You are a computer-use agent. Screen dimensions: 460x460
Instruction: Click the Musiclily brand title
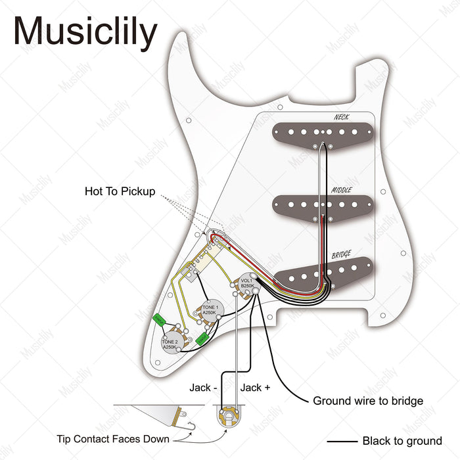(x=85, y=32)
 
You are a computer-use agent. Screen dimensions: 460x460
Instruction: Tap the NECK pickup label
(x=341, y=117)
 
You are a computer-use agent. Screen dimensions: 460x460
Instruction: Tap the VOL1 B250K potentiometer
(x=247, y=283)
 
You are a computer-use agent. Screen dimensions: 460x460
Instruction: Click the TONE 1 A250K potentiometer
(x=210, y=311)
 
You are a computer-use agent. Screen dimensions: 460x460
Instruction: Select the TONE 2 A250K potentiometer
(x=172, y=344)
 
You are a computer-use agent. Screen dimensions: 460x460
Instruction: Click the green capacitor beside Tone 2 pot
(x=158, y=320)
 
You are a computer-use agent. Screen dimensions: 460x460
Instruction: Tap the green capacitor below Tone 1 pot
(x=203, y=338)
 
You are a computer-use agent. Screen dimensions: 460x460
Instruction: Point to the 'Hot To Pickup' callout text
(x=120, y=192)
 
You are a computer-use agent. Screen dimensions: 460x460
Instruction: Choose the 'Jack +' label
(x=256, y=388)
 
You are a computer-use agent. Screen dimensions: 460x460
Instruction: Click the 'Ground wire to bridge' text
(x=368, y=401)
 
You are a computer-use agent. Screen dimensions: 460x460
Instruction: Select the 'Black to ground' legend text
(x=402, y=441)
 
